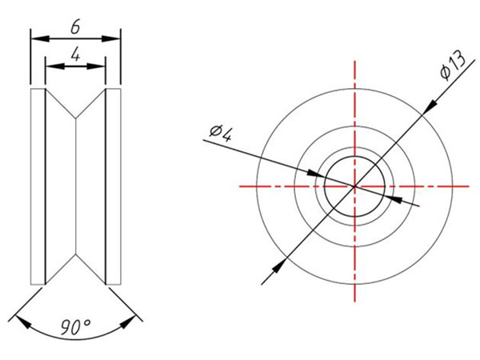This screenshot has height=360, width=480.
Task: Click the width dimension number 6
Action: coord(75,26)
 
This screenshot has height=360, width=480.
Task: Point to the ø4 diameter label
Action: coord(220,131)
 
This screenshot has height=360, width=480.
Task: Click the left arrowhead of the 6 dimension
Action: coord(36,38)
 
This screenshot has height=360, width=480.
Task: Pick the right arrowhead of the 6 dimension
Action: coord(114,38)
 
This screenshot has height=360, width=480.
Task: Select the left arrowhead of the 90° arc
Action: coord(22,323)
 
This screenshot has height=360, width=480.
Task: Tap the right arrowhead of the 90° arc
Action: coord(130,323)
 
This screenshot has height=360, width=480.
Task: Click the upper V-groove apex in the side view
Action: coord(76,119)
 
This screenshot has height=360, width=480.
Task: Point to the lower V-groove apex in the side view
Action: coord(76,255)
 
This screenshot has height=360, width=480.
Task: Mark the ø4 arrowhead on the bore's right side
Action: coord(391,198)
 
